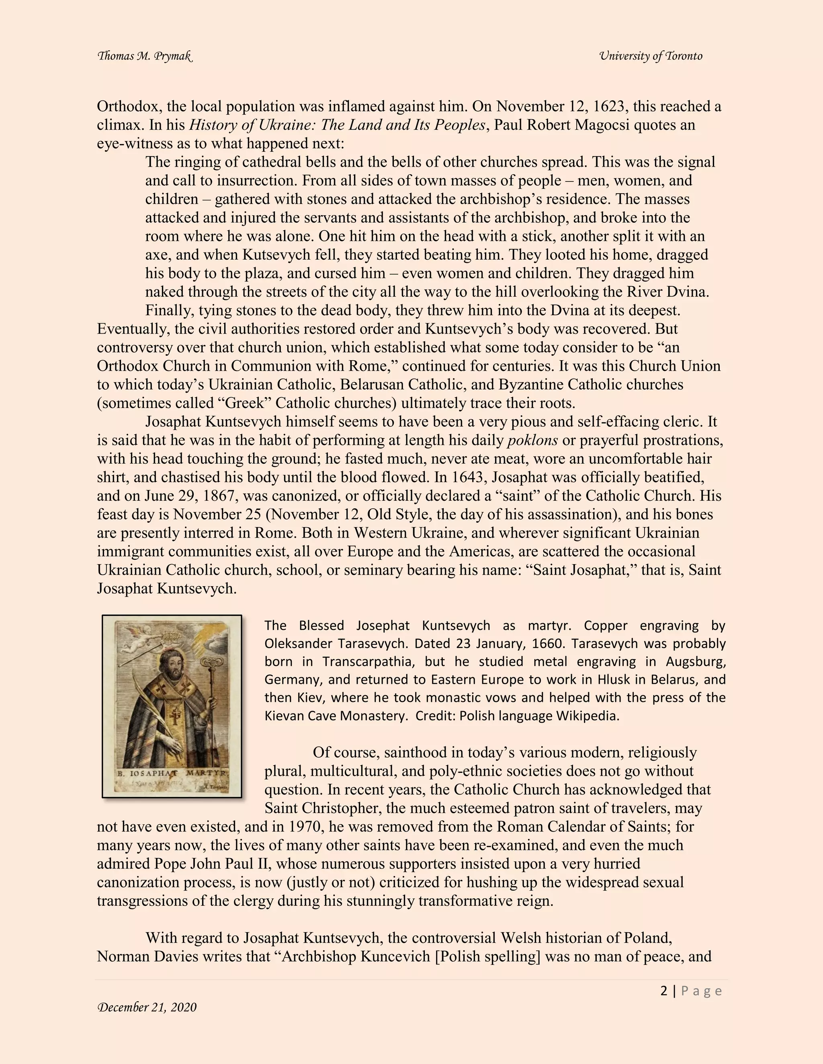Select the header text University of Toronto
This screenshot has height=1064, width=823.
coord(651,56)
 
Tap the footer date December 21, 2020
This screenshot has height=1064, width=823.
coord(147,1007)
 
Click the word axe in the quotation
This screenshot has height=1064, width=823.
coord(156,255)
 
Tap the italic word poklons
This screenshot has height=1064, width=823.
coord(532,440)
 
